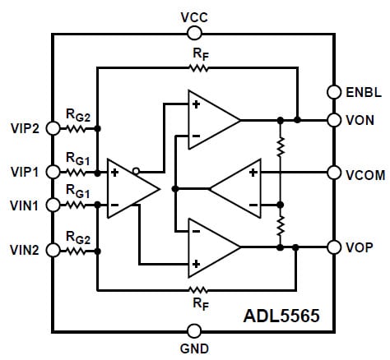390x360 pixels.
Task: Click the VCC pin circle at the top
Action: [194, 33]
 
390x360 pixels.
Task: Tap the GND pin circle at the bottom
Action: [194, 330]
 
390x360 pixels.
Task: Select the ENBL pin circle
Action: [335, 91]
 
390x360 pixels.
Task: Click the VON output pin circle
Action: [335, 120]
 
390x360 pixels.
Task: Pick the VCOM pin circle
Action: [335, 173]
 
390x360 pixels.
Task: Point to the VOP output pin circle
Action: [335, 247]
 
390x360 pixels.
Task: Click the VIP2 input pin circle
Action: [54, 128]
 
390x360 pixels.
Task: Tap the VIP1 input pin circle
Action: [54, 172]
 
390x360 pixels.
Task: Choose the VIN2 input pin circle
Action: [54, 247]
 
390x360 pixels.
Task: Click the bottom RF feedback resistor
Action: [198, 289]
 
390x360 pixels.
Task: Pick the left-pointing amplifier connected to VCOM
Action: [238, 187]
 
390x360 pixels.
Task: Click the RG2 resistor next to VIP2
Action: [77, 129]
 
